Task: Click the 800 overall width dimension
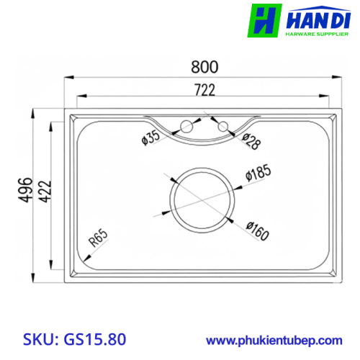[204, 67]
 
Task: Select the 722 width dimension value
[204, 90]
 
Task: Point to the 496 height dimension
[25, 189]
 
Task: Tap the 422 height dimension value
[45, 192]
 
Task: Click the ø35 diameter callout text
[150, 138]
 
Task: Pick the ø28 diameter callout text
[251, 142]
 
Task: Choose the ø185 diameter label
[258, 172]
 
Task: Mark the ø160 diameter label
[258, 231]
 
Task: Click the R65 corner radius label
[99, 238]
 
